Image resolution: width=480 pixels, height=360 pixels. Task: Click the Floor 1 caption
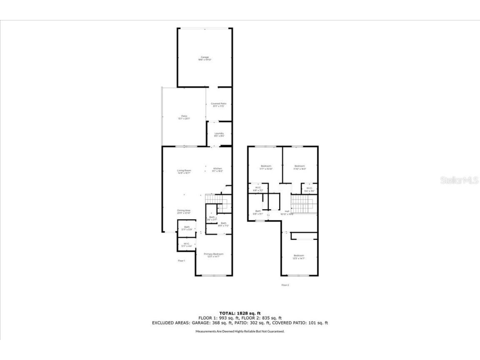181,261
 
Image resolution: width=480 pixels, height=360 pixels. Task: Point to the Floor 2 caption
285,285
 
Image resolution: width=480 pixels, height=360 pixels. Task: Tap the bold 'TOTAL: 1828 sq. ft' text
240,313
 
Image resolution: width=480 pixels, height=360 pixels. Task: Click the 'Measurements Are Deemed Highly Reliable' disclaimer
240,331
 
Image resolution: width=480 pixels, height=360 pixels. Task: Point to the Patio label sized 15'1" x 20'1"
184,117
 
